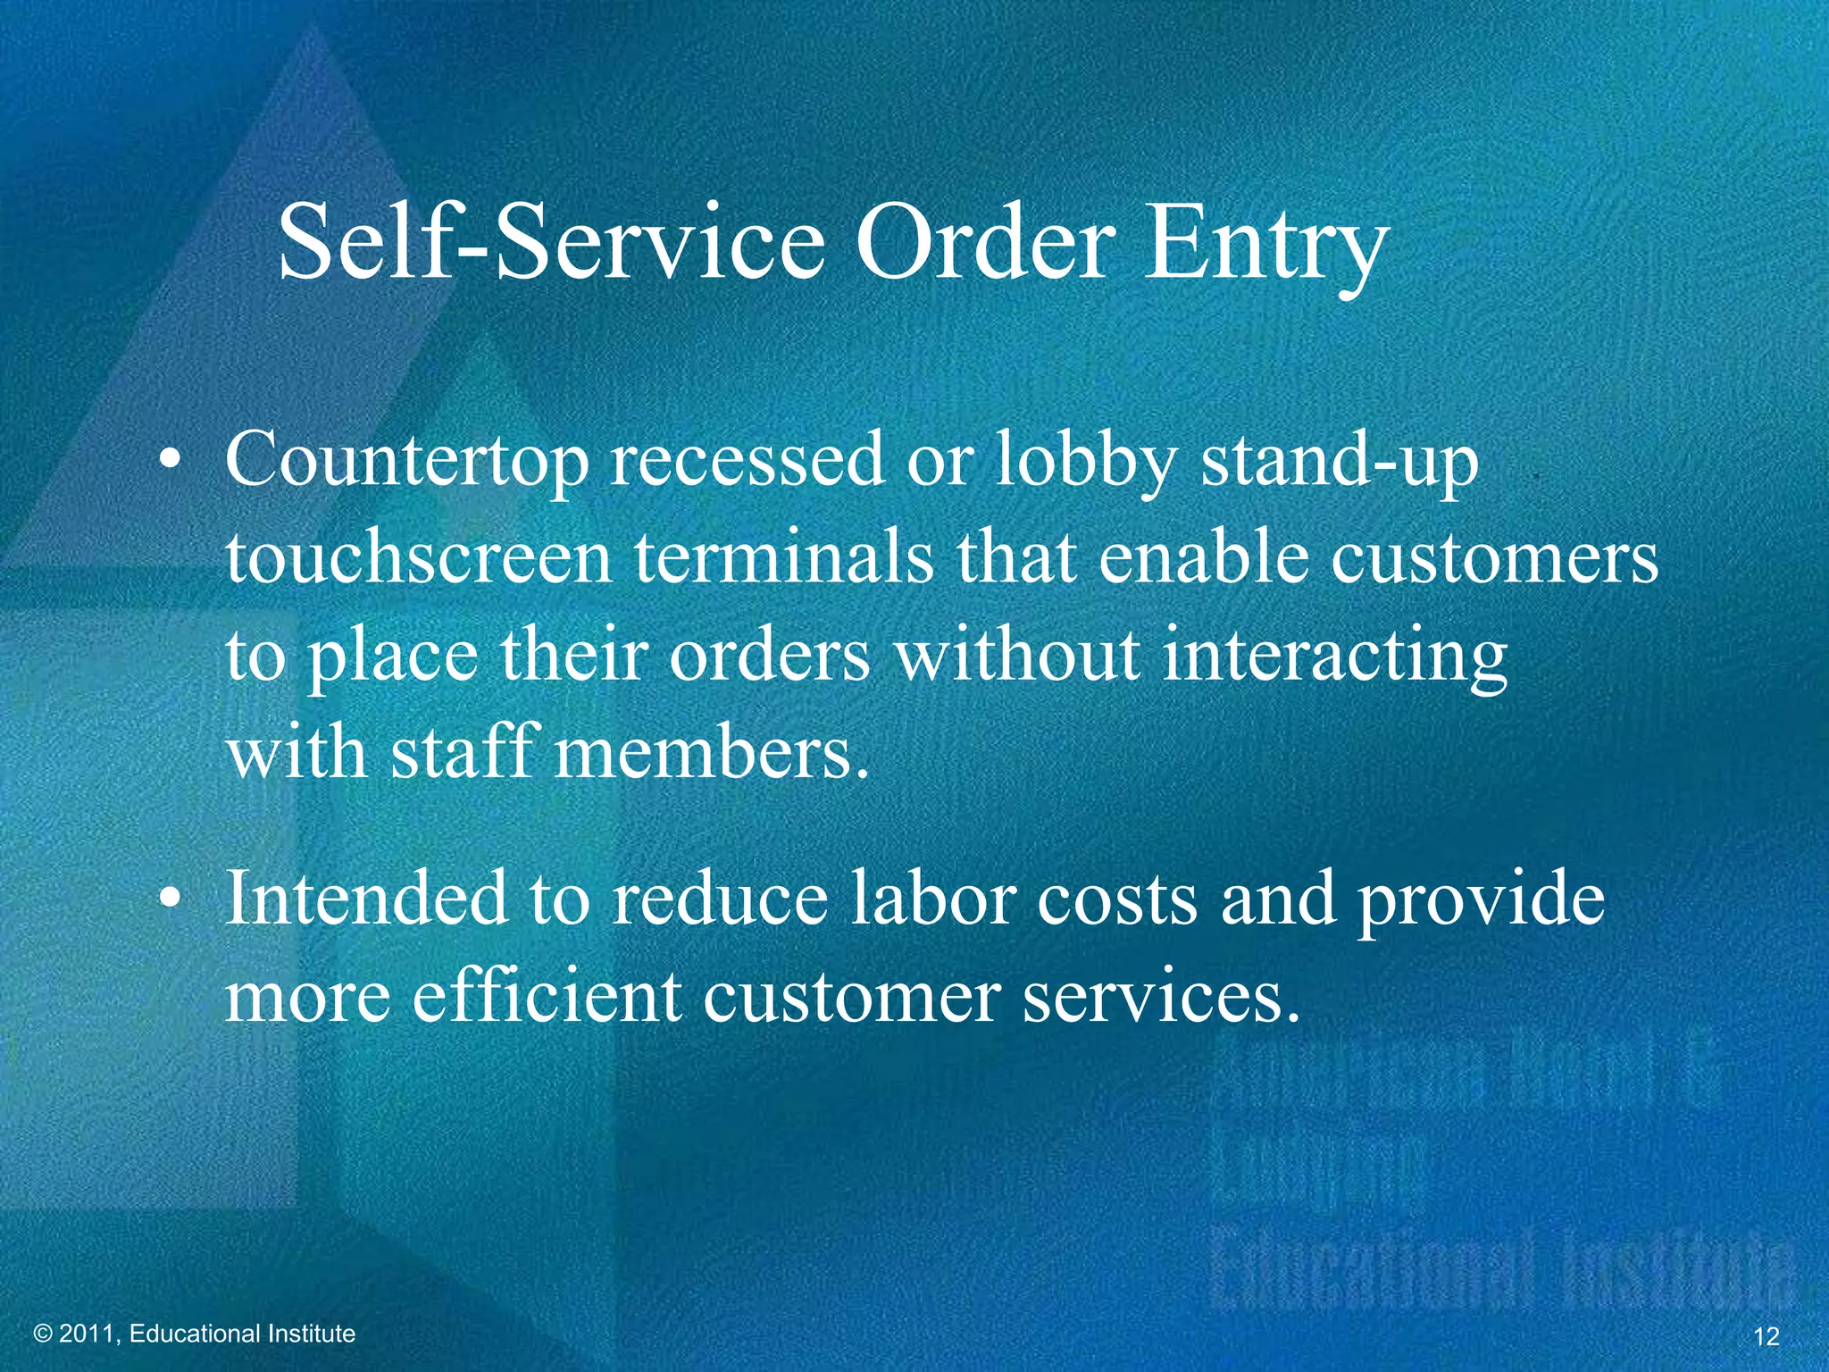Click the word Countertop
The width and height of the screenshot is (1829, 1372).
(x=407, y=461)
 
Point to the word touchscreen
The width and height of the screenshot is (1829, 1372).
(x=418, y=558)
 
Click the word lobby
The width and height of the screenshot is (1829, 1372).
(x=1085, y=461)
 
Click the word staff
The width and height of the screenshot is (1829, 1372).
(x=465, y=752)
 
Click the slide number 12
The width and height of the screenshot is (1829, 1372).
(x=1766, y=1336)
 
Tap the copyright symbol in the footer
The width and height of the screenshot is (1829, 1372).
(x=43, y=1334)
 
